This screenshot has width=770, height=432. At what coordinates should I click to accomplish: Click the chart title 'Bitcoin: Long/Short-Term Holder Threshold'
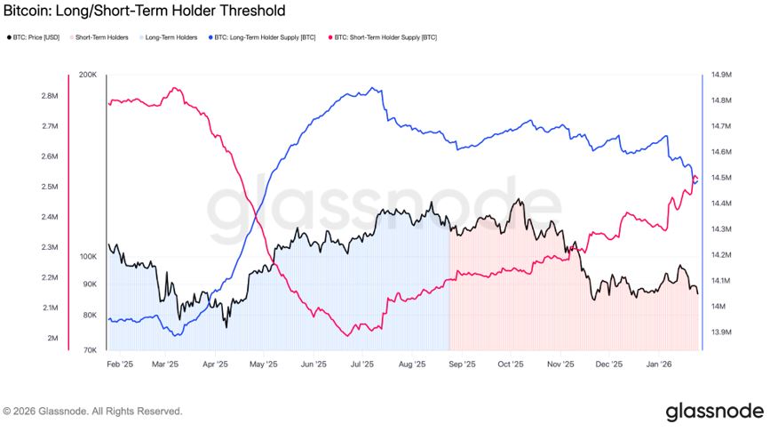point(145,12)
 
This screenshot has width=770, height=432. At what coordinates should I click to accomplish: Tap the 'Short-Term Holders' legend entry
point(101,37)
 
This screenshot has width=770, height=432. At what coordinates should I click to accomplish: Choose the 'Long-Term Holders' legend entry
point(170,37)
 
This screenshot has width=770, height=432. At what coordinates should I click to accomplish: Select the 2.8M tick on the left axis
point(51,96)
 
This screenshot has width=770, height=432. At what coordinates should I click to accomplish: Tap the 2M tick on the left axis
point(54,339)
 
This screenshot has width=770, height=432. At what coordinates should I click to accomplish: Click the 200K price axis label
point(87,75)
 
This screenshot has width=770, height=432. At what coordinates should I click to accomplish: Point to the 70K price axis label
point(89,350)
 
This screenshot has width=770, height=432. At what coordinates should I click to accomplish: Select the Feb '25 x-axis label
point(119,364)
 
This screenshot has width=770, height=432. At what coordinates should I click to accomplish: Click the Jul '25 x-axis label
point(362,364)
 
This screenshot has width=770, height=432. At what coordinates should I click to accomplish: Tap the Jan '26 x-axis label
point(659,364)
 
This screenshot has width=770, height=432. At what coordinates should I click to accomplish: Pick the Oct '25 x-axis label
point(511,364)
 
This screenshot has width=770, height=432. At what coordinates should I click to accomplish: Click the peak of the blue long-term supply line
point(376,88)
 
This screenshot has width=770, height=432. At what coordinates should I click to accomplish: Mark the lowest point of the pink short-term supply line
point(346,335)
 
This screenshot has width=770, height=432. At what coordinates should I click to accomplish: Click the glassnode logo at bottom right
point(714,411)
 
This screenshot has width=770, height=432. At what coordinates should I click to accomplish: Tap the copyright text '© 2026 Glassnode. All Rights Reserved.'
point(93,412)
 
